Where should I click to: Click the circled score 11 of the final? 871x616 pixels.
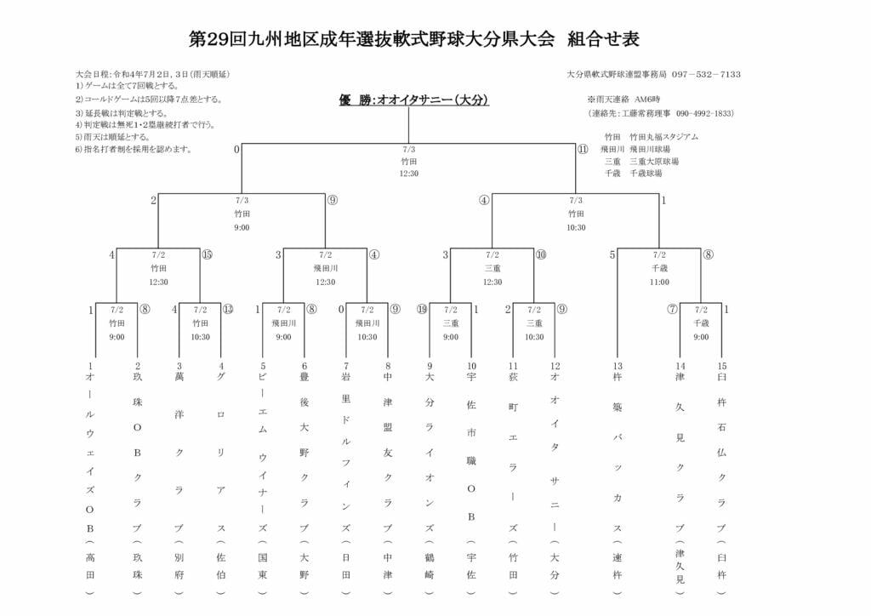(583, 150)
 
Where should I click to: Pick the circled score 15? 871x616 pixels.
(207, 254)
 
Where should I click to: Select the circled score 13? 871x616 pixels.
(228, 310)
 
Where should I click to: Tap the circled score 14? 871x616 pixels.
(422, 310)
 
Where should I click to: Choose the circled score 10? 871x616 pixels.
(541, 254)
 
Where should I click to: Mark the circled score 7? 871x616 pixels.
(672, 310)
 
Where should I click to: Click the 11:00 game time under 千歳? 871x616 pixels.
(659, 282)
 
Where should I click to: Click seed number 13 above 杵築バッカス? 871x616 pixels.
(618, 366)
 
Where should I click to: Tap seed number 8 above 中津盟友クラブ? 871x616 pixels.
(388, 366)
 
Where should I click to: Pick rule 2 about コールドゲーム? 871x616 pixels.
(149, 100)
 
